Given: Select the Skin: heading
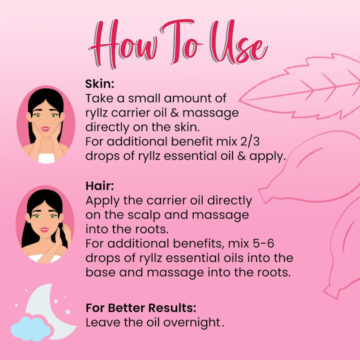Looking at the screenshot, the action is [99, 84].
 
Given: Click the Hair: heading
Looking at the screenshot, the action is [99, 185].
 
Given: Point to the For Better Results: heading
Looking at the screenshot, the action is [141, 307].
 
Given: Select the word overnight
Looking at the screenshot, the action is [191, 322].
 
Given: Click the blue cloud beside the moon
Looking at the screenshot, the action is [31, 329].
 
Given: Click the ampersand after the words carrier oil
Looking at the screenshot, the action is [174, 112].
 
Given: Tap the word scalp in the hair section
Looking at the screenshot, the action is [144, 215].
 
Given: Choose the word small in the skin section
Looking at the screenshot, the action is [144, 98].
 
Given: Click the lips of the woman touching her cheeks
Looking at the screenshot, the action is [45, 128].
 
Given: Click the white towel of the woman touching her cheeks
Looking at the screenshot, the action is [46, 158].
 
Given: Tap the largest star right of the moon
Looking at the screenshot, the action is [67, 311].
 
